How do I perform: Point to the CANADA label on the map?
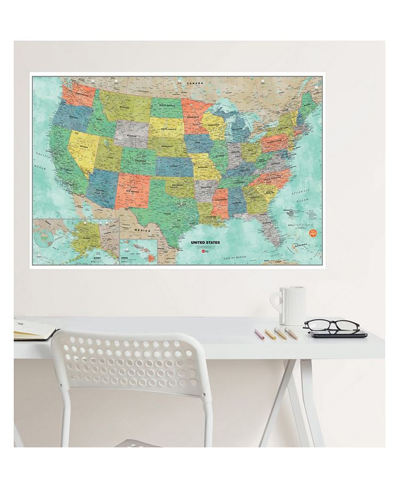tap(195, 83)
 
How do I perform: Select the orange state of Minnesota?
tap(191, 111)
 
